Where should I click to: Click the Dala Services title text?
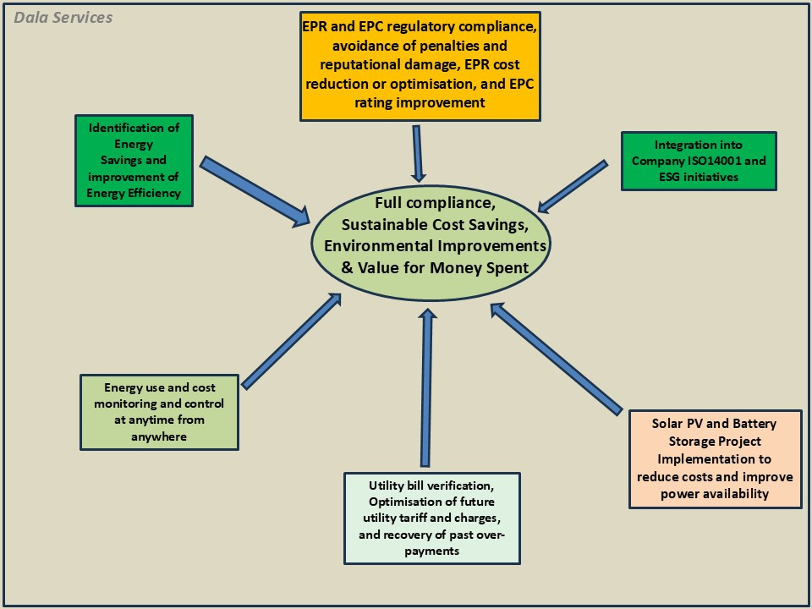point(63,18)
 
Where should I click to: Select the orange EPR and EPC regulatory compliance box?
point(420,66)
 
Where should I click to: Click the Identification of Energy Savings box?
point(134,161)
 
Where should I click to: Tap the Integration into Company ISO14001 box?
point(698,161)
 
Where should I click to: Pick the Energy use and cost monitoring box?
point(158,412)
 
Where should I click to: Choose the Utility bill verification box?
point(431,518)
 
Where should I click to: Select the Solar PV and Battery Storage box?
point(715,458)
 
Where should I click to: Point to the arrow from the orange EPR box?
point(418,152)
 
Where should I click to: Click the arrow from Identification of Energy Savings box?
point(253,190)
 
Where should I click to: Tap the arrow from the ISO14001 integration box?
point(573,186)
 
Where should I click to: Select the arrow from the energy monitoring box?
point(292,339)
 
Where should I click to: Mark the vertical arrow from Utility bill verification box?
point(427,389)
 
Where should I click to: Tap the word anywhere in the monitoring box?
point(158,436)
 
